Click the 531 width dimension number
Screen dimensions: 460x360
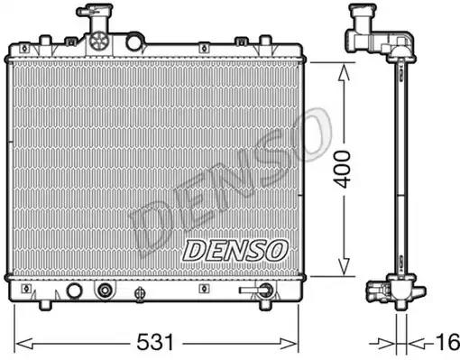point(155,342)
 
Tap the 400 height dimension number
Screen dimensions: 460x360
point(343,170)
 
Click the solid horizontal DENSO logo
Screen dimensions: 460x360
point(235,251)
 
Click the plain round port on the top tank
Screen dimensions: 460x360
point(134,42)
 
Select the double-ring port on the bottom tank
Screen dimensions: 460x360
point(105,291)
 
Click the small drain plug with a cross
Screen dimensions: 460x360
point(140,293)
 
